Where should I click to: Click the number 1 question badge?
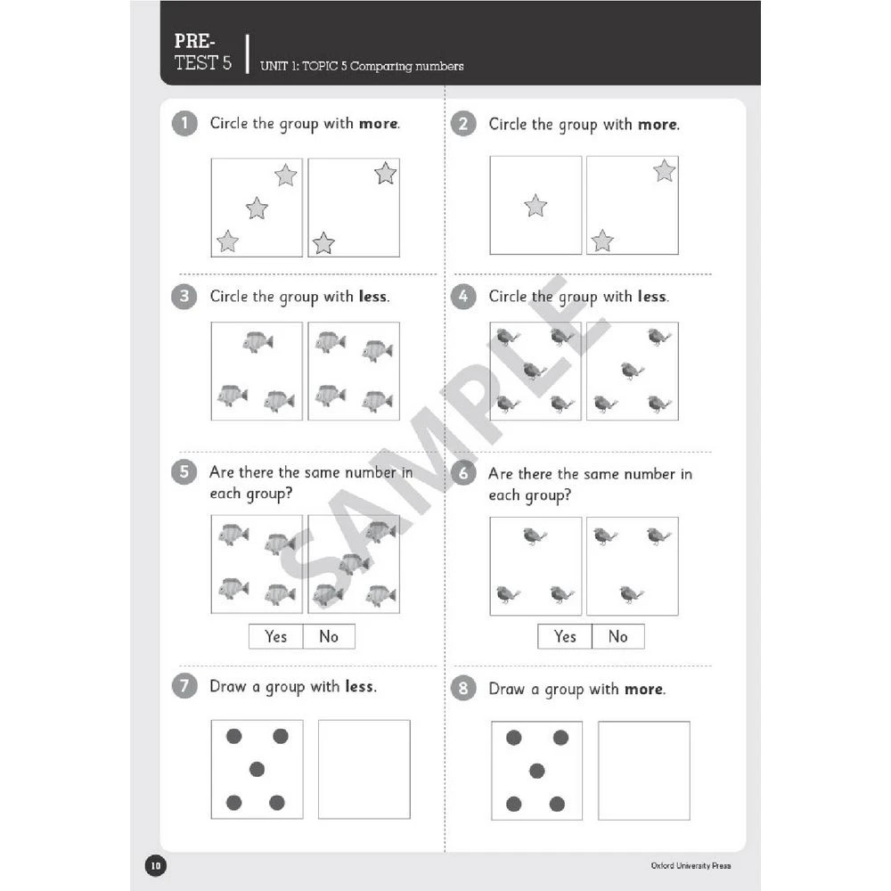(x=184, y=124)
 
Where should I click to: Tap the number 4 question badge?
(x=463, y=297)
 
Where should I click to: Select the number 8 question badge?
(x=463, y=689)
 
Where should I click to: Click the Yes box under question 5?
(x=276, y=636)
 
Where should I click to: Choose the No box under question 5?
(x=329, y=636)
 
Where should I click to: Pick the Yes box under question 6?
(x=565, y=636)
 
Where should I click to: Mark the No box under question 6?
(x=617, y=636)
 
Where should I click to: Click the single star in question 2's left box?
(x=535, y=206)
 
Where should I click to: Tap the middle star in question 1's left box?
(x=257, y=208)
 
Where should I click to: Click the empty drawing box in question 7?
(x=364, y=769)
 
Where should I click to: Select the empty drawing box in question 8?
(x=643, y=771)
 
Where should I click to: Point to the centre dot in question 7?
(x=257, y=769)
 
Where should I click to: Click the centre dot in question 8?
(x=536, y=771)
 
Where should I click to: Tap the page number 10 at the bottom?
(x=155, y=865)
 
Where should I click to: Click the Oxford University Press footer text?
(x=691, y=865)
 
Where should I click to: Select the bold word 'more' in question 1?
(x=379, y=124)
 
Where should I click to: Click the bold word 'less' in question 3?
(x=372, y=297)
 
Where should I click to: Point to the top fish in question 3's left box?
(x=257, y=342)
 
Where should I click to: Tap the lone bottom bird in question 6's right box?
(x=632, y=593)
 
